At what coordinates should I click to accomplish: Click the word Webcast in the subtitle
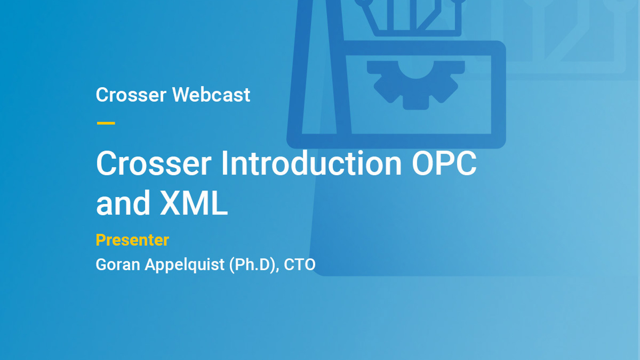[x=211, y=95]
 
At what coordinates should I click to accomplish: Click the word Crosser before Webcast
[x=131, y=95]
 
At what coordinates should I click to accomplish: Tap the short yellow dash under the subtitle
[x=106, y=123]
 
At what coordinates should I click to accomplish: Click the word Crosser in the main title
[x=154, y=163]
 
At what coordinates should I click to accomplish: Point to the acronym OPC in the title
[x=444, y=163]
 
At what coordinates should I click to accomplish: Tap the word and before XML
[x=123, y=203]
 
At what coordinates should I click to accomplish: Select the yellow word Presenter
[x=132, y=240]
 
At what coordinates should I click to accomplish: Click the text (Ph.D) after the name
[x=254, y=265]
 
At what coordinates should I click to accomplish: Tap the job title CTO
[x=300, y=265]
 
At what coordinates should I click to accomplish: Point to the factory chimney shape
[x=318, y=68]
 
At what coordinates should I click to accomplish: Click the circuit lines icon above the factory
[x=412, y=16]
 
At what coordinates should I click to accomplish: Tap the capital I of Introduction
[x=224, y=163]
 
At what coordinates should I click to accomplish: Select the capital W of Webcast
[x=182, y=95]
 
